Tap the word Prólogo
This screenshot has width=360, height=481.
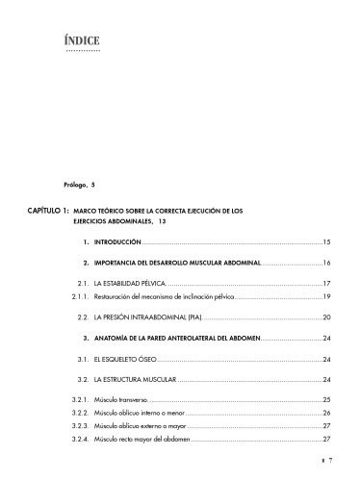pos(78,183)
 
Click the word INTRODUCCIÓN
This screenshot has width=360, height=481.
pos(117,241)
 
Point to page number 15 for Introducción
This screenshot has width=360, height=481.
pos(326,241)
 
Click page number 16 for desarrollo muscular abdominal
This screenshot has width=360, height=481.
pos(326,263)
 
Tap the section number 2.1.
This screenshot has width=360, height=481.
pos(84,284)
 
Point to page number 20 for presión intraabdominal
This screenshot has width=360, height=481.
pos(326,316)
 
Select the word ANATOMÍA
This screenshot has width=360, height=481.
pos(116,339)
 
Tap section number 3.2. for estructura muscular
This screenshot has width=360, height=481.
pos(84,380)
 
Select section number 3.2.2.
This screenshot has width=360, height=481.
pos(81,413)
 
